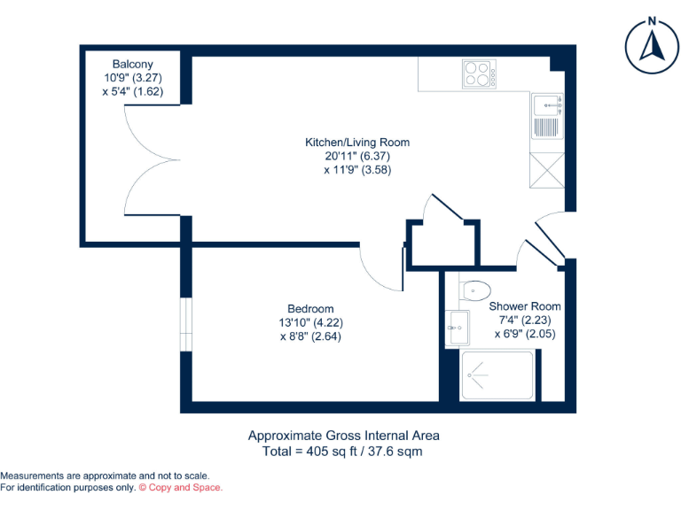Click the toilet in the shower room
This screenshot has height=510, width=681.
(x=475, y=290)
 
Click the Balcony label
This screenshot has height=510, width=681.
(x=133, y=65)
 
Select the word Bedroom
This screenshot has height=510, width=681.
(x=310, y=309)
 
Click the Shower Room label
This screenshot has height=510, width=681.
(x=525, y=306)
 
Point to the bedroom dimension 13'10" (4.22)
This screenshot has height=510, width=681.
(x=310, y=323)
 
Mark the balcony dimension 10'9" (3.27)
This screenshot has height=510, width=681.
(x=133, y=78)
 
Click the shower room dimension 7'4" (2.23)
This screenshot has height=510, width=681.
(x=525, y=321)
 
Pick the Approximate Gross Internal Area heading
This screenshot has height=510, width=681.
(x=343, y=436)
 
